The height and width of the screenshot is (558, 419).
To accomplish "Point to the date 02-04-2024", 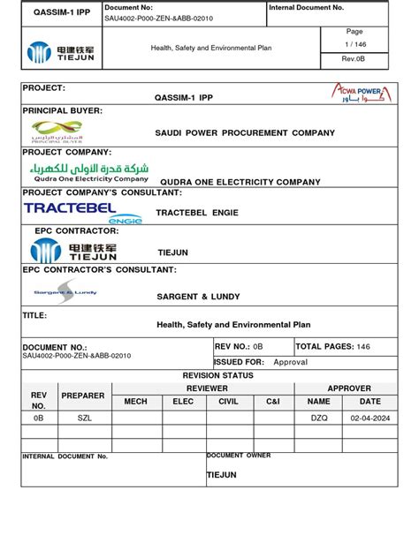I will coord(369,418).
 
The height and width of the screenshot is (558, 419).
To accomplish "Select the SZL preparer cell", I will coord(84,418).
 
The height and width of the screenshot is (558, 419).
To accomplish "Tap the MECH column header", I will coord(135,401).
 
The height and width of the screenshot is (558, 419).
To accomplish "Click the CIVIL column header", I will coord(229,401).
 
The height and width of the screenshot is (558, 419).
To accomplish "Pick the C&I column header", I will coord(274,401).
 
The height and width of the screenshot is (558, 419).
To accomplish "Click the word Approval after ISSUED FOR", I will coord(291,362).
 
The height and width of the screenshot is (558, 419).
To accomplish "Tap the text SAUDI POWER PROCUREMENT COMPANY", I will coord(245,132).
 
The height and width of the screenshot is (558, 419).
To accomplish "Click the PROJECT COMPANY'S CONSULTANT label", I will coord(103,192).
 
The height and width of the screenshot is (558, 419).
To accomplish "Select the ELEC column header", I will coord(182,401).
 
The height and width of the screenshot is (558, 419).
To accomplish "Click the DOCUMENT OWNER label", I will coord(239,456).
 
